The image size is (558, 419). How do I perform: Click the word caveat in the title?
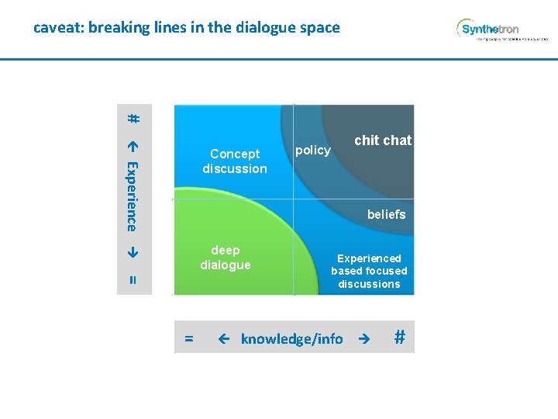tap(58, 28)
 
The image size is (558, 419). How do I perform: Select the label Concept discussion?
tap(235, 161)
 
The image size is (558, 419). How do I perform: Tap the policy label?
tap(313, 151)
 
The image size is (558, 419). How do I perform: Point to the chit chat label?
tap(383, 140)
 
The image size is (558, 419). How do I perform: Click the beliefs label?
tap(386, 214)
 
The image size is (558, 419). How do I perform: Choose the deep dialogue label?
tap(226, 258)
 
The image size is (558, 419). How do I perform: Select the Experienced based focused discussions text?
tap(369, 271)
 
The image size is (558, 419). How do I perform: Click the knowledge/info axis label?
tap(291, 338)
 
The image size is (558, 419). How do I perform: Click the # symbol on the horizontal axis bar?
tap(400, 337)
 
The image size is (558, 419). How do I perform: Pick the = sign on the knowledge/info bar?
tap(188, 338)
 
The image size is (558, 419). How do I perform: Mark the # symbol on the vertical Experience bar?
tap(133, 119)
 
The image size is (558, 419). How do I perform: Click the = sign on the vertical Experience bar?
tap(133, 280)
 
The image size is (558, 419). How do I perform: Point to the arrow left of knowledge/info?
tap(224, 338)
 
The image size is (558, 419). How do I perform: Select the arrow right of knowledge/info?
tap(360, 338)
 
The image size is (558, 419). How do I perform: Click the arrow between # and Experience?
tap(133, 144)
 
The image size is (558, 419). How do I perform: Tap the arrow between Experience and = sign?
tap(133, 252)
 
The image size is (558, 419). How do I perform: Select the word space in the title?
tap(320, 28)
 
